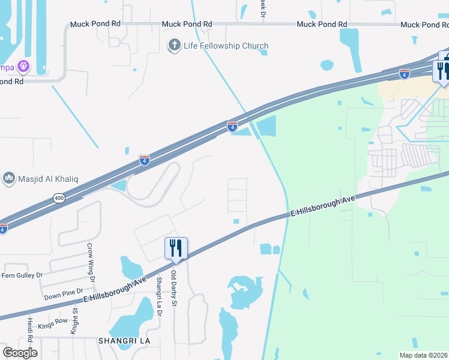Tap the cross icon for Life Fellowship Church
pyautogui.click(x=174, y=45)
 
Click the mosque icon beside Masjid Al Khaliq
pyautogui.click(x=8, y=178)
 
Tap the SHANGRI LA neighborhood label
pyautogui.click(x=124, y=340)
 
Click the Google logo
pyautogui.click(x=20, y=352)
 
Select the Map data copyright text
pyautogui.click(x=424, y=355)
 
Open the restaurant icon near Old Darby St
pyautogui.click(x=176, y=247)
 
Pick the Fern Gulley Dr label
pyautogui.click(x=22, y=275)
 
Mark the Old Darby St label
pyautogui.click(x=174, y=287)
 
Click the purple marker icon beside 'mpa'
pyautogui.click(x=23, y=65)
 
